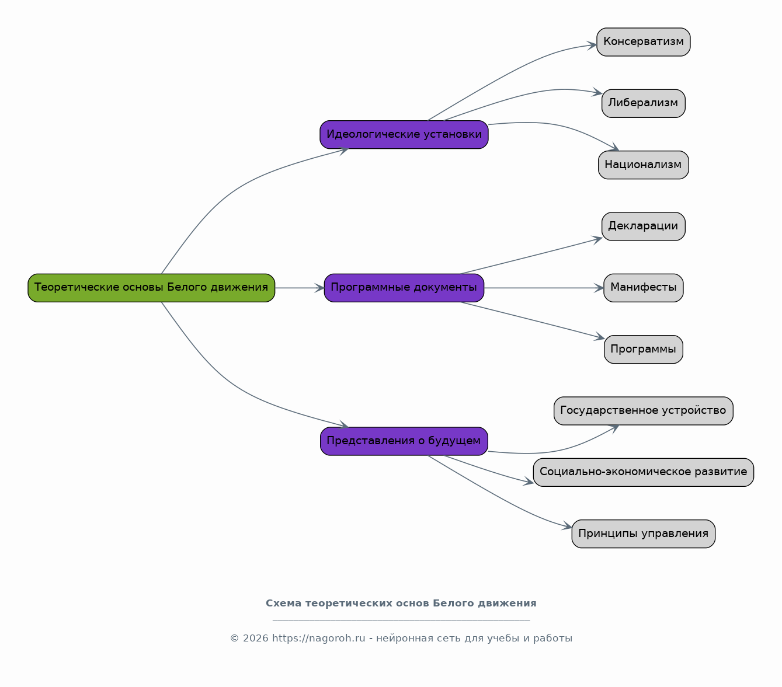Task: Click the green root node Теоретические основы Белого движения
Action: (151, 288)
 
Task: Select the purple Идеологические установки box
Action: (404, 135)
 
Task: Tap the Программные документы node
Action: (404, 288)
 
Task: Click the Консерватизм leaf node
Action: (644, 42)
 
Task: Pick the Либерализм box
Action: (644, 103)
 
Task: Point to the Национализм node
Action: (644, 165)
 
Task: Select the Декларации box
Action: (644, 226)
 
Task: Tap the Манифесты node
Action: (644, 288)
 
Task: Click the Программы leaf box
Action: (644, 350)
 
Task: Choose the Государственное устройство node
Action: (644, 411)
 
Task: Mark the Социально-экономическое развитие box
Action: (644, 473)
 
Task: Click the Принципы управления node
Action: (644, 534)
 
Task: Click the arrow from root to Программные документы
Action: (300, 288)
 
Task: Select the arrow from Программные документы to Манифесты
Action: (544, 288)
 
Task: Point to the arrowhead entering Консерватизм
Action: (592, 45)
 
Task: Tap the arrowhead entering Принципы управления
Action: (568, 526)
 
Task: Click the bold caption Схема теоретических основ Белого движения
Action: (401, 604)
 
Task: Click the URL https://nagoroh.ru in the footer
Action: (319, 639)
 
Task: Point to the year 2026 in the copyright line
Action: (256, 639)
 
